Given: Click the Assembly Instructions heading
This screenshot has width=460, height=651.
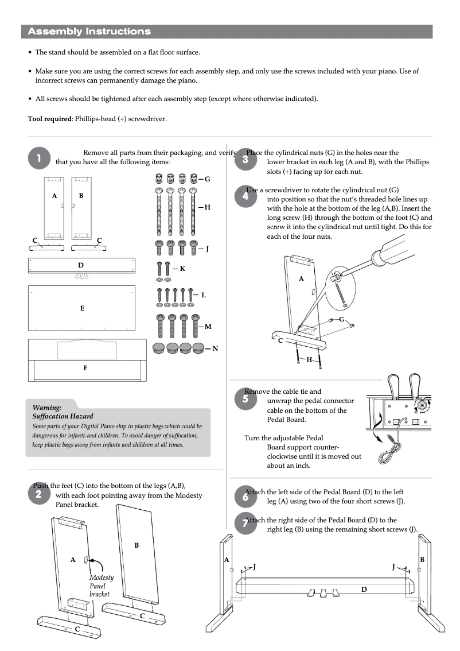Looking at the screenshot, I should click(89, 32).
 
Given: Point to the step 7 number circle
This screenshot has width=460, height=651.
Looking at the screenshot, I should click(245, 524).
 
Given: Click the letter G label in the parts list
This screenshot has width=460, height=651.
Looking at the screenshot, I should click(207, 179).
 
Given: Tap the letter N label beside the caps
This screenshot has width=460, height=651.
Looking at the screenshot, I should click(215, 348).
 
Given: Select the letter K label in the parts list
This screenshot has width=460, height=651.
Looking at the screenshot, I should click(182, 268).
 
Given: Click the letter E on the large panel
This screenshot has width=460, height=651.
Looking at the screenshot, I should click(82, 308).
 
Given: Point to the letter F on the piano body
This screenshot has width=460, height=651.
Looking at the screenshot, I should click(85, 368).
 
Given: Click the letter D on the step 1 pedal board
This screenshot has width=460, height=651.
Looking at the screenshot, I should click(81, 265).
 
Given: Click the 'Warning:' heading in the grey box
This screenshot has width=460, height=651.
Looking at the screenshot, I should click(47, 407).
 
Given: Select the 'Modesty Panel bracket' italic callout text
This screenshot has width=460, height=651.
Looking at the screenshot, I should click(101, 586).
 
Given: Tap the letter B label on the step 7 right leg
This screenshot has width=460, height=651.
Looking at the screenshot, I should click(422, 559).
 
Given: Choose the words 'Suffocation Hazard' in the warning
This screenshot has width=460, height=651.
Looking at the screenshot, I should click(63, 416).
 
